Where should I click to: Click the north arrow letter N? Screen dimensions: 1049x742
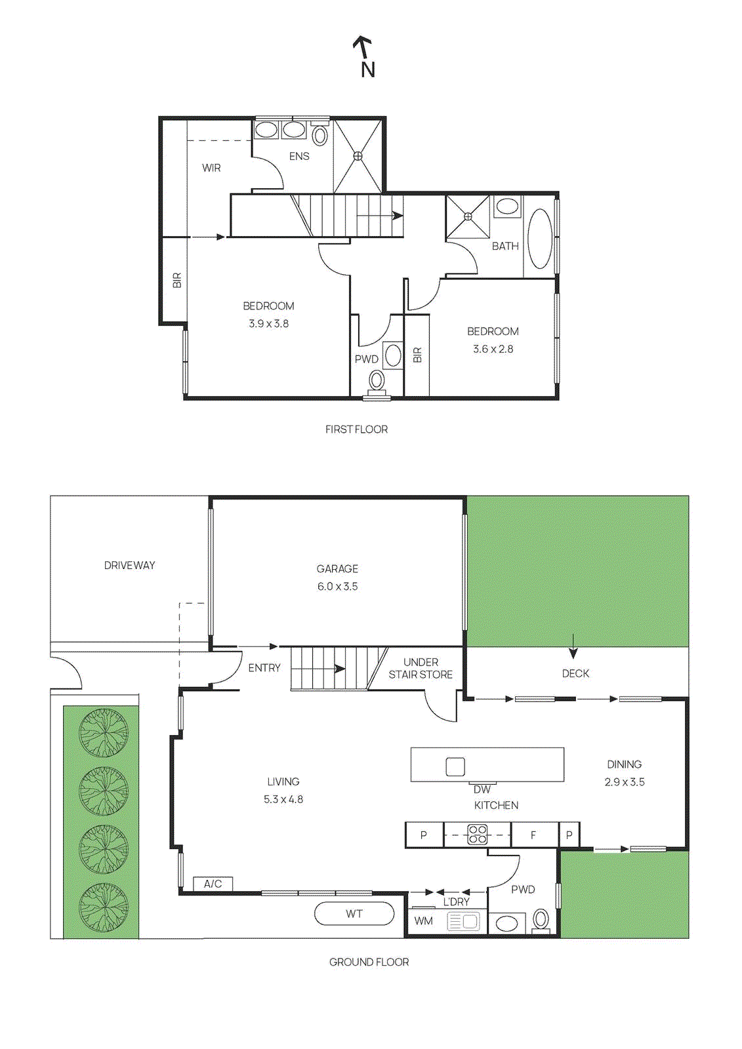(x=368, y=69)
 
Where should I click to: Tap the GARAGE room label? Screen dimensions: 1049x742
(x=337, y=569)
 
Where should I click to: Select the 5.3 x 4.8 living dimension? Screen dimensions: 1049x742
(x=283, y=799)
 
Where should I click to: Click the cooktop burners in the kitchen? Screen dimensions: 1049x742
(x=478, y=835)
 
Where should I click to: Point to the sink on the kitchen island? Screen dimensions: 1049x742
(x=455, y=766)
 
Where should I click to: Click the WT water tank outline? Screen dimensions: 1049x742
(x=354, y=914)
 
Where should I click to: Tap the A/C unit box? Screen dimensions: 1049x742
(x=213, y=884)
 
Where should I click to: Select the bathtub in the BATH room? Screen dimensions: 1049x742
(x=540, y=239)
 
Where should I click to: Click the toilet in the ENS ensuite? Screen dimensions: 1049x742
(x=319, y=135)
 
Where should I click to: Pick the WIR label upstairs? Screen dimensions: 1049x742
(x=211, y=168)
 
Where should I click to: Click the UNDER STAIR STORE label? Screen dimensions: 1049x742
(x=421, y=668)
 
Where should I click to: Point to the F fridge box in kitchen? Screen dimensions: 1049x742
(x=534, y=835)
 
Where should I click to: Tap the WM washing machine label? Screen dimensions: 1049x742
(x=423, y=921)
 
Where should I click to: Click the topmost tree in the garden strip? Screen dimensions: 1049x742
(x=104, y=733)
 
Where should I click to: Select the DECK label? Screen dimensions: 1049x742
(x=575, y=673)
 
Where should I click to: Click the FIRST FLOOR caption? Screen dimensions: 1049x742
(x=356, y=429)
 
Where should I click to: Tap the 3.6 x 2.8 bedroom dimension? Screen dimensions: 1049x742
(x=493, y=349)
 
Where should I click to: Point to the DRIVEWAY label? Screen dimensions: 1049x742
(x=129, y=565)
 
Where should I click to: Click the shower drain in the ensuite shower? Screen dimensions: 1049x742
(x=358, y=156)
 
